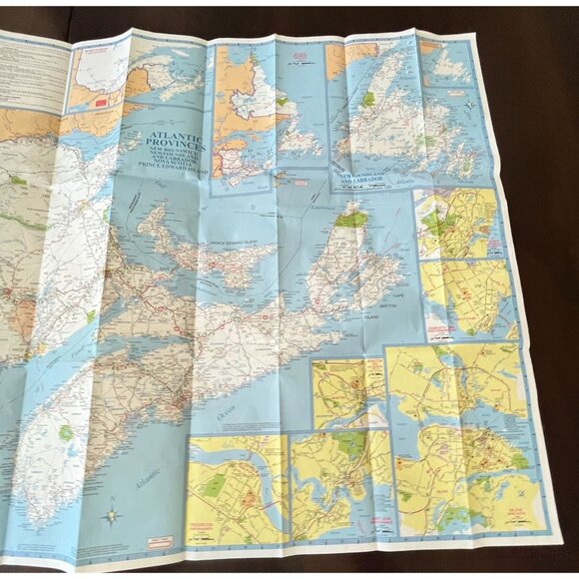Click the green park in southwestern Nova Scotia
[x=66, y=434]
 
